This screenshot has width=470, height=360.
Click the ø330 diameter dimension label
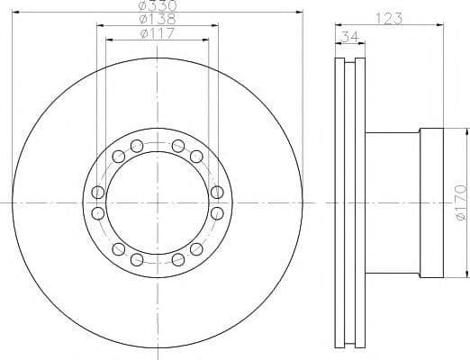(158, 5)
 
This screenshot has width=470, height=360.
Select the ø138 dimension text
(158, 19)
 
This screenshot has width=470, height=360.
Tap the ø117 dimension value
(157, 33)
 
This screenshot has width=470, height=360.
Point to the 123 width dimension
(389, 19)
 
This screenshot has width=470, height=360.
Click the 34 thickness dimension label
(350, 37)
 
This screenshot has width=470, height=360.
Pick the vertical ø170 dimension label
(461, 203)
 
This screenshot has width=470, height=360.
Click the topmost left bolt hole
(137, 146)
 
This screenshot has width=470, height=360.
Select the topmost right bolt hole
(178, 146)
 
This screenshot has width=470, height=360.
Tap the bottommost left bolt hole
(137, 259)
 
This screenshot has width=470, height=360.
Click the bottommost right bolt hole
(178, 259)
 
